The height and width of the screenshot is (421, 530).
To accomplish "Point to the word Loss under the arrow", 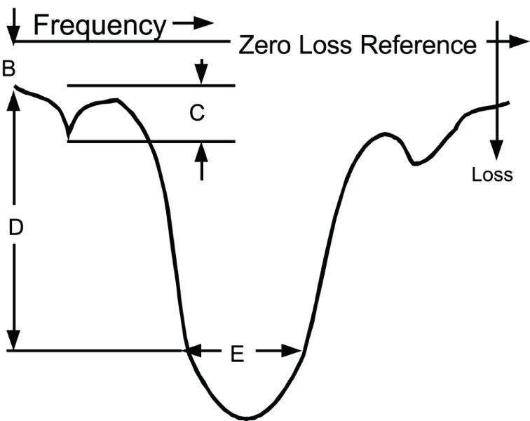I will (x=492, y=174).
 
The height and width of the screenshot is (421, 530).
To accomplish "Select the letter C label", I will (x=198, y=114).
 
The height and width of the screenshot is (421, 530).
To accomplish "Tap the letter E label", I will (x=237, y=355).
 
